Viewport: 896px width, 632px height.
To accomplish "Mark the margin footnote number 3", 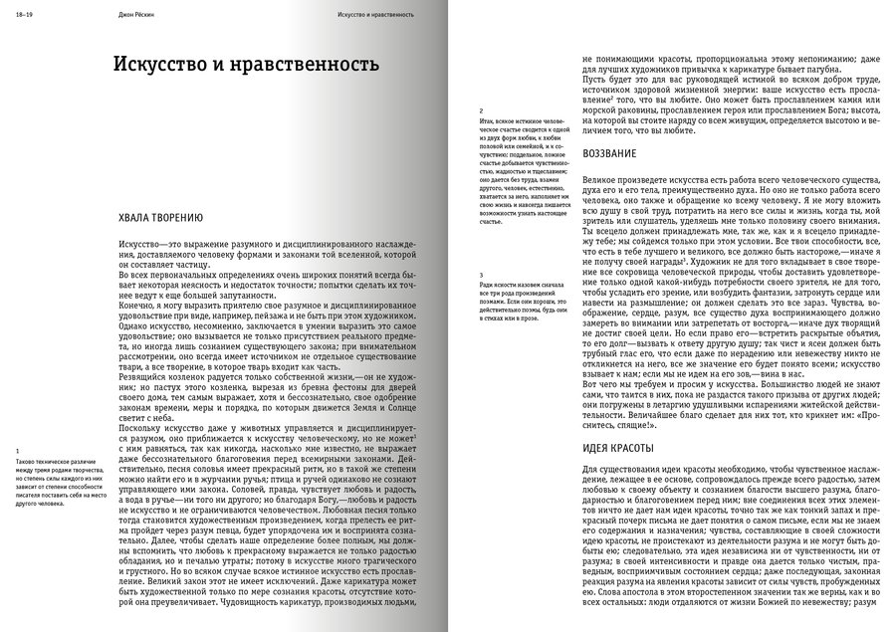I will [x=481, y=274].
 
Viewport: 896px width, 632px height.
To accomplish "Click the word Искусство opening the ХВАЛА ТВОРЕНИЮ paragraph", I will [x=140, y=244].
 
